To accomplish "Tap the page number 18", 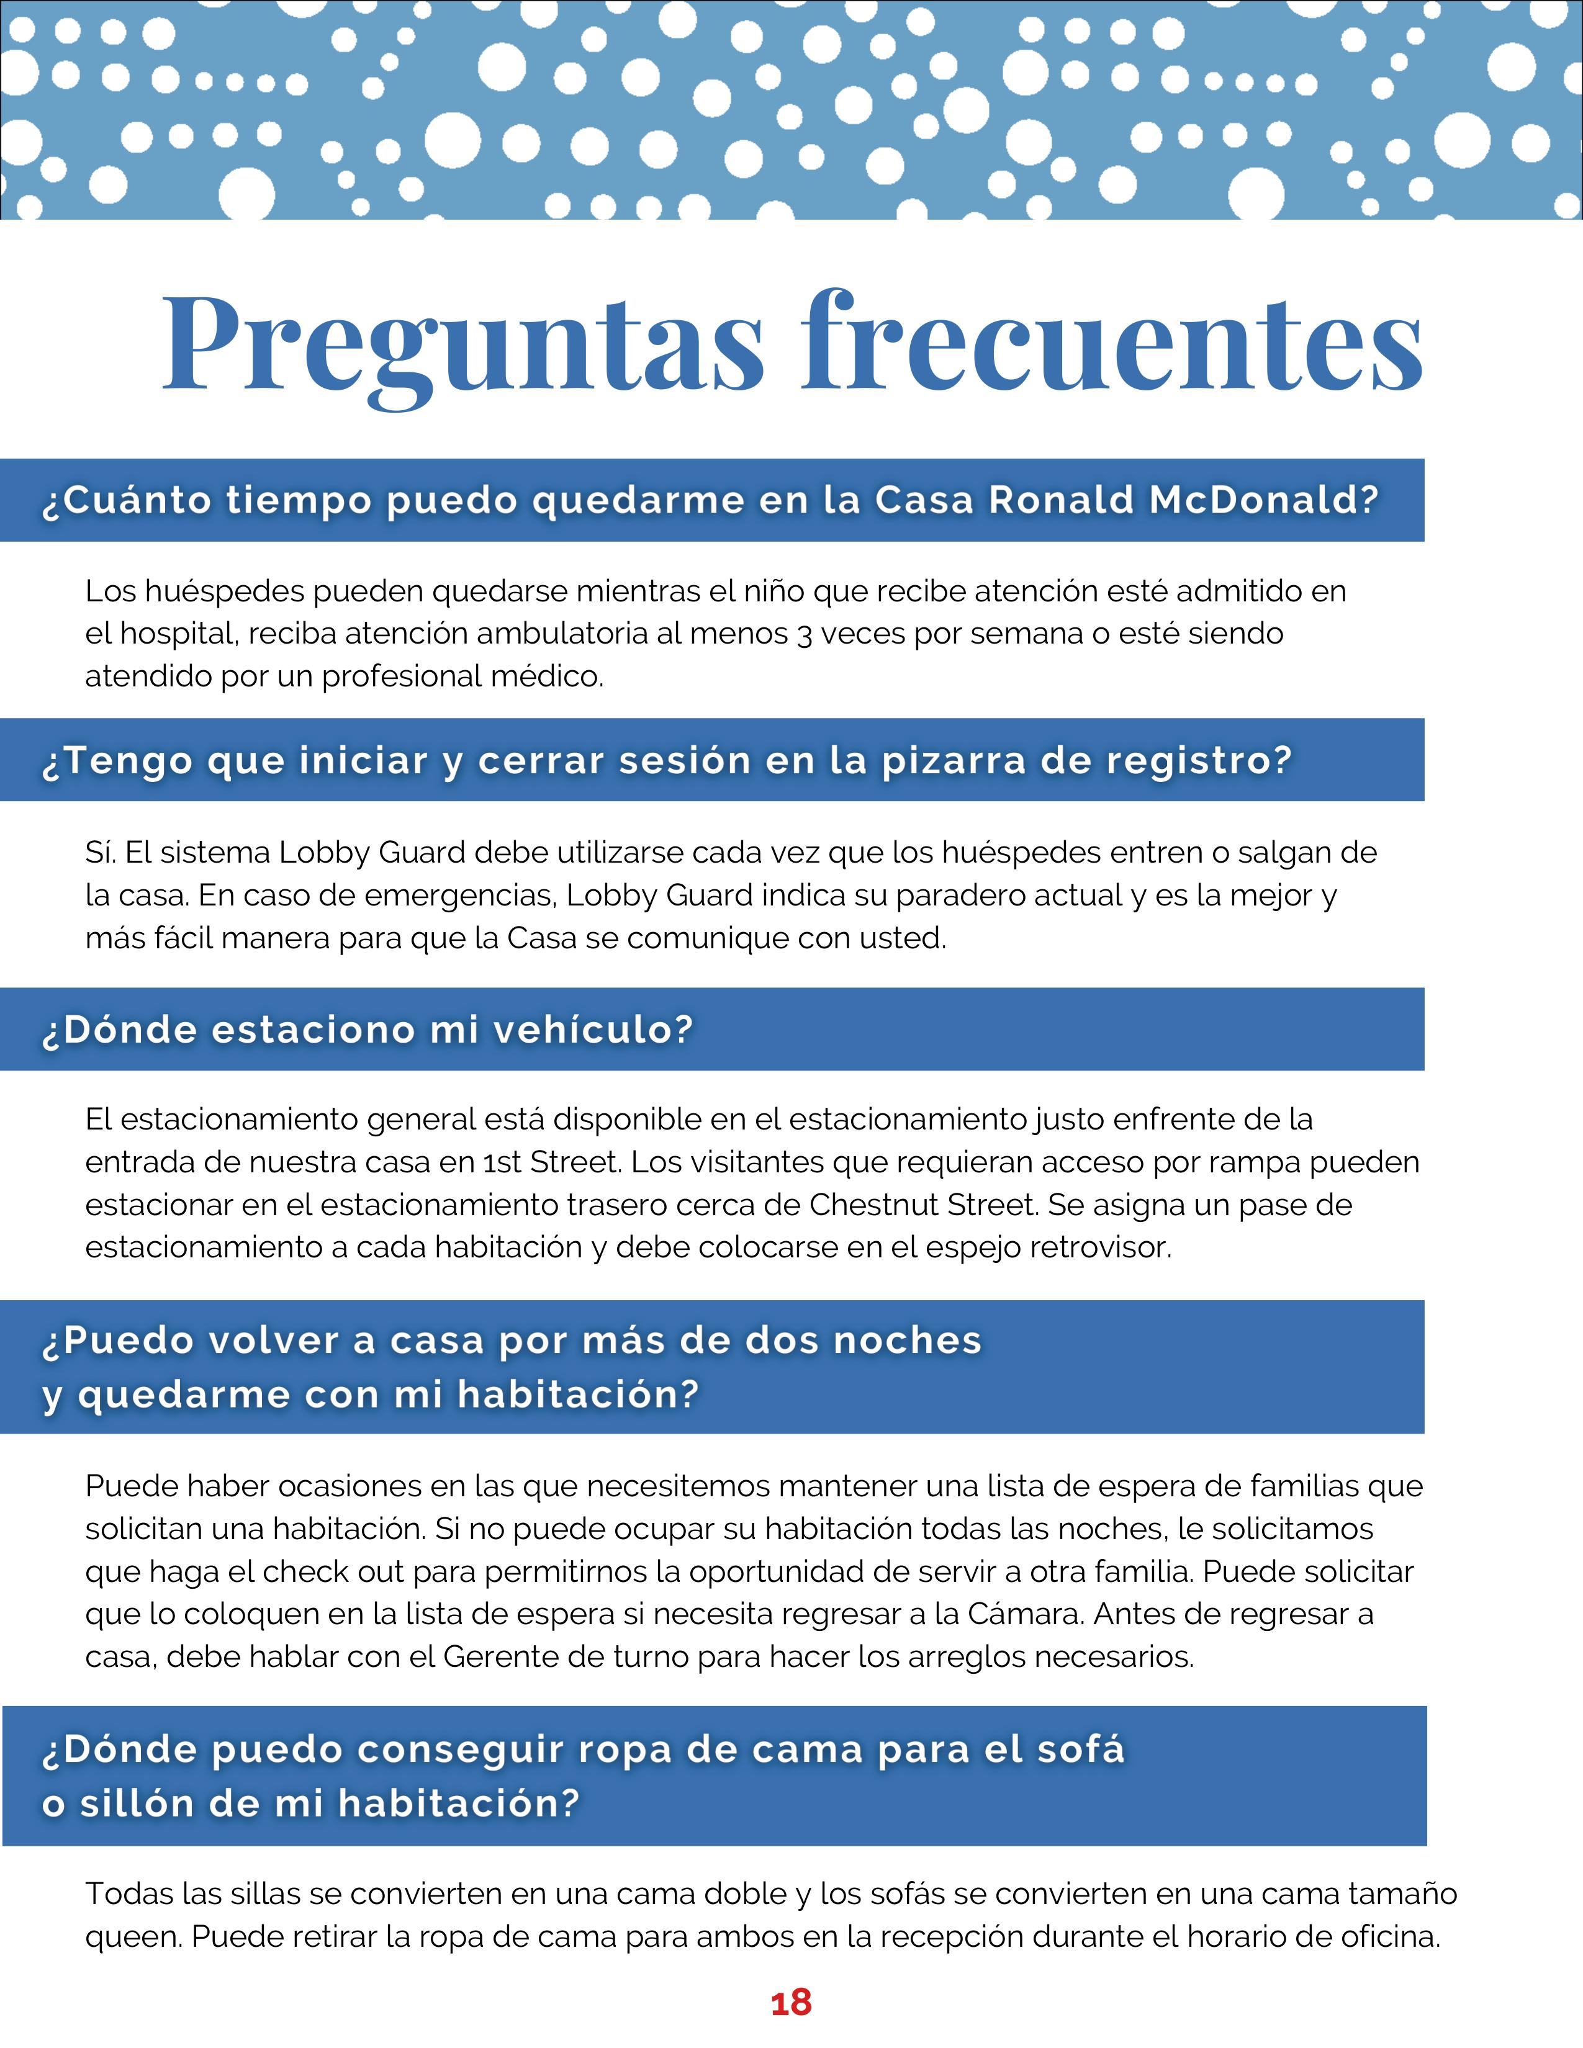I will (x=790, y=2003).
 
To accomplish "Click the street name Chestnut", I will (x=874, y=1205).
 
